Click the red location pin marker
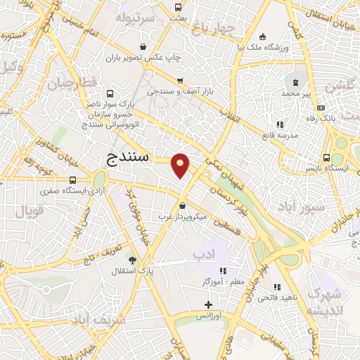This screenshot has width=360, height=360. pyautogui.click(x=181, y=165)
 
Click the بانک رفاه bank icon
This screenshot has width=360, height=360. pyautogui.click(x=321, y=108)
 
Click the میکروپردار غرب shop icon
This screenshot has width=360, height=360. pyautogui.click(x=183, y=206)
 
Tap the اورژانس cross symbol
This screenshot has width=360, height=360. pyautogui.click(x=207, y=304)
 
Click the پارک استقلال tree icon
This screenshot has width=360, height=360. pyautogui.click(x=133, y=259)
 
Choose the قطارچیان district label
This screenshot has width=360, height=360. pyautogui.click(x=70, y=83)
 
